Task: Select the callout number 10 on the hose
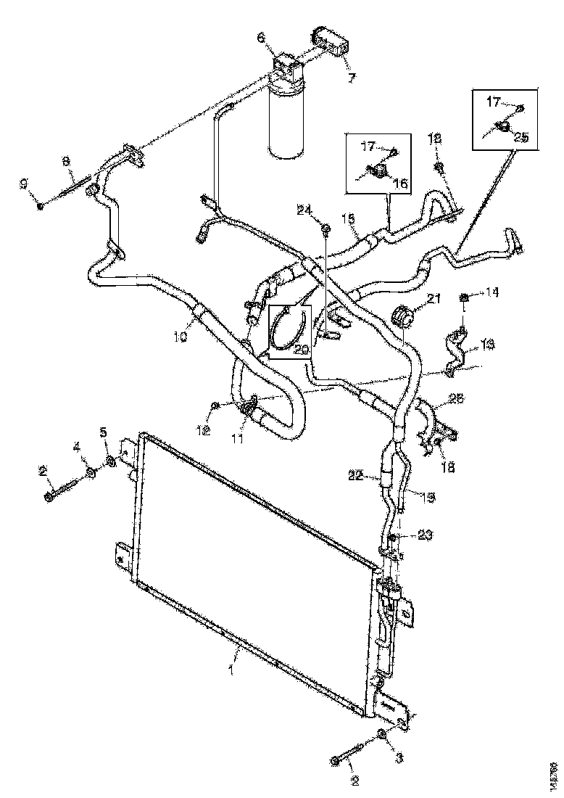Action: tap(181, 337)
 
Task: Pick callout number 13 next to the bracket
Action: tap(487, 345)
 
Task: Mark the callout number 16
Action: tap(400, 184)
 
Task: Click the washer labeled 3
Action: tap(382, 739)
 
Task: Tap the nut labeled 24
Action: tap(325, 230)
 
